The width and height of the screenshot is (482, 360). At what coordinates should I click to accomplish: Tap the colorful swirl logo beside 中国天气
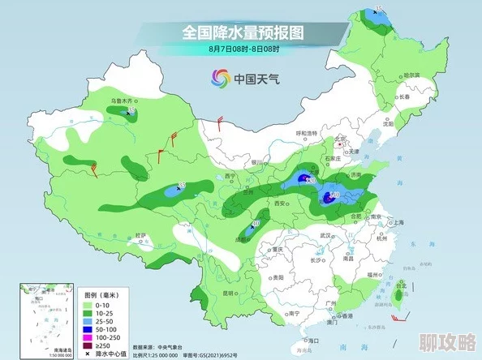(220, 78)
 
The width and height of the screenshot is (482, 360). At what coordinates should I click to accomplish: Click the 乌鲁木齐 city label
(123, 101)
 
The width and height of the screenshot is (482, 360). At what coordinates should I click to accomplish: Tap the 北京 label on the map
(342, 139)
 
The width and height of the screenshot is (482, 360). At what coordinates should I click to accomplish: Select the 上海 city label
(398, 221)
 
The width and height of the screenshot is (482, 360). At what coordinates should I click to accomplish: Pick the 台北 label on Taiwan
(401, 285)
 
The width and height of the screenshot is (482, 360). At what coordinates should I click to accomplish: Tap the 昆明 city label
(228, 292)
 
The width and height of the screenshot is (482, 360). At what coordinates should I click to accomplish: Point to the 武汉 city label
(327, 235)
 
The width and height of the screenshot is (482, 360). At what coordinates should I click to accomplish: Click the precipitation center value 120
(309, 181)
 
